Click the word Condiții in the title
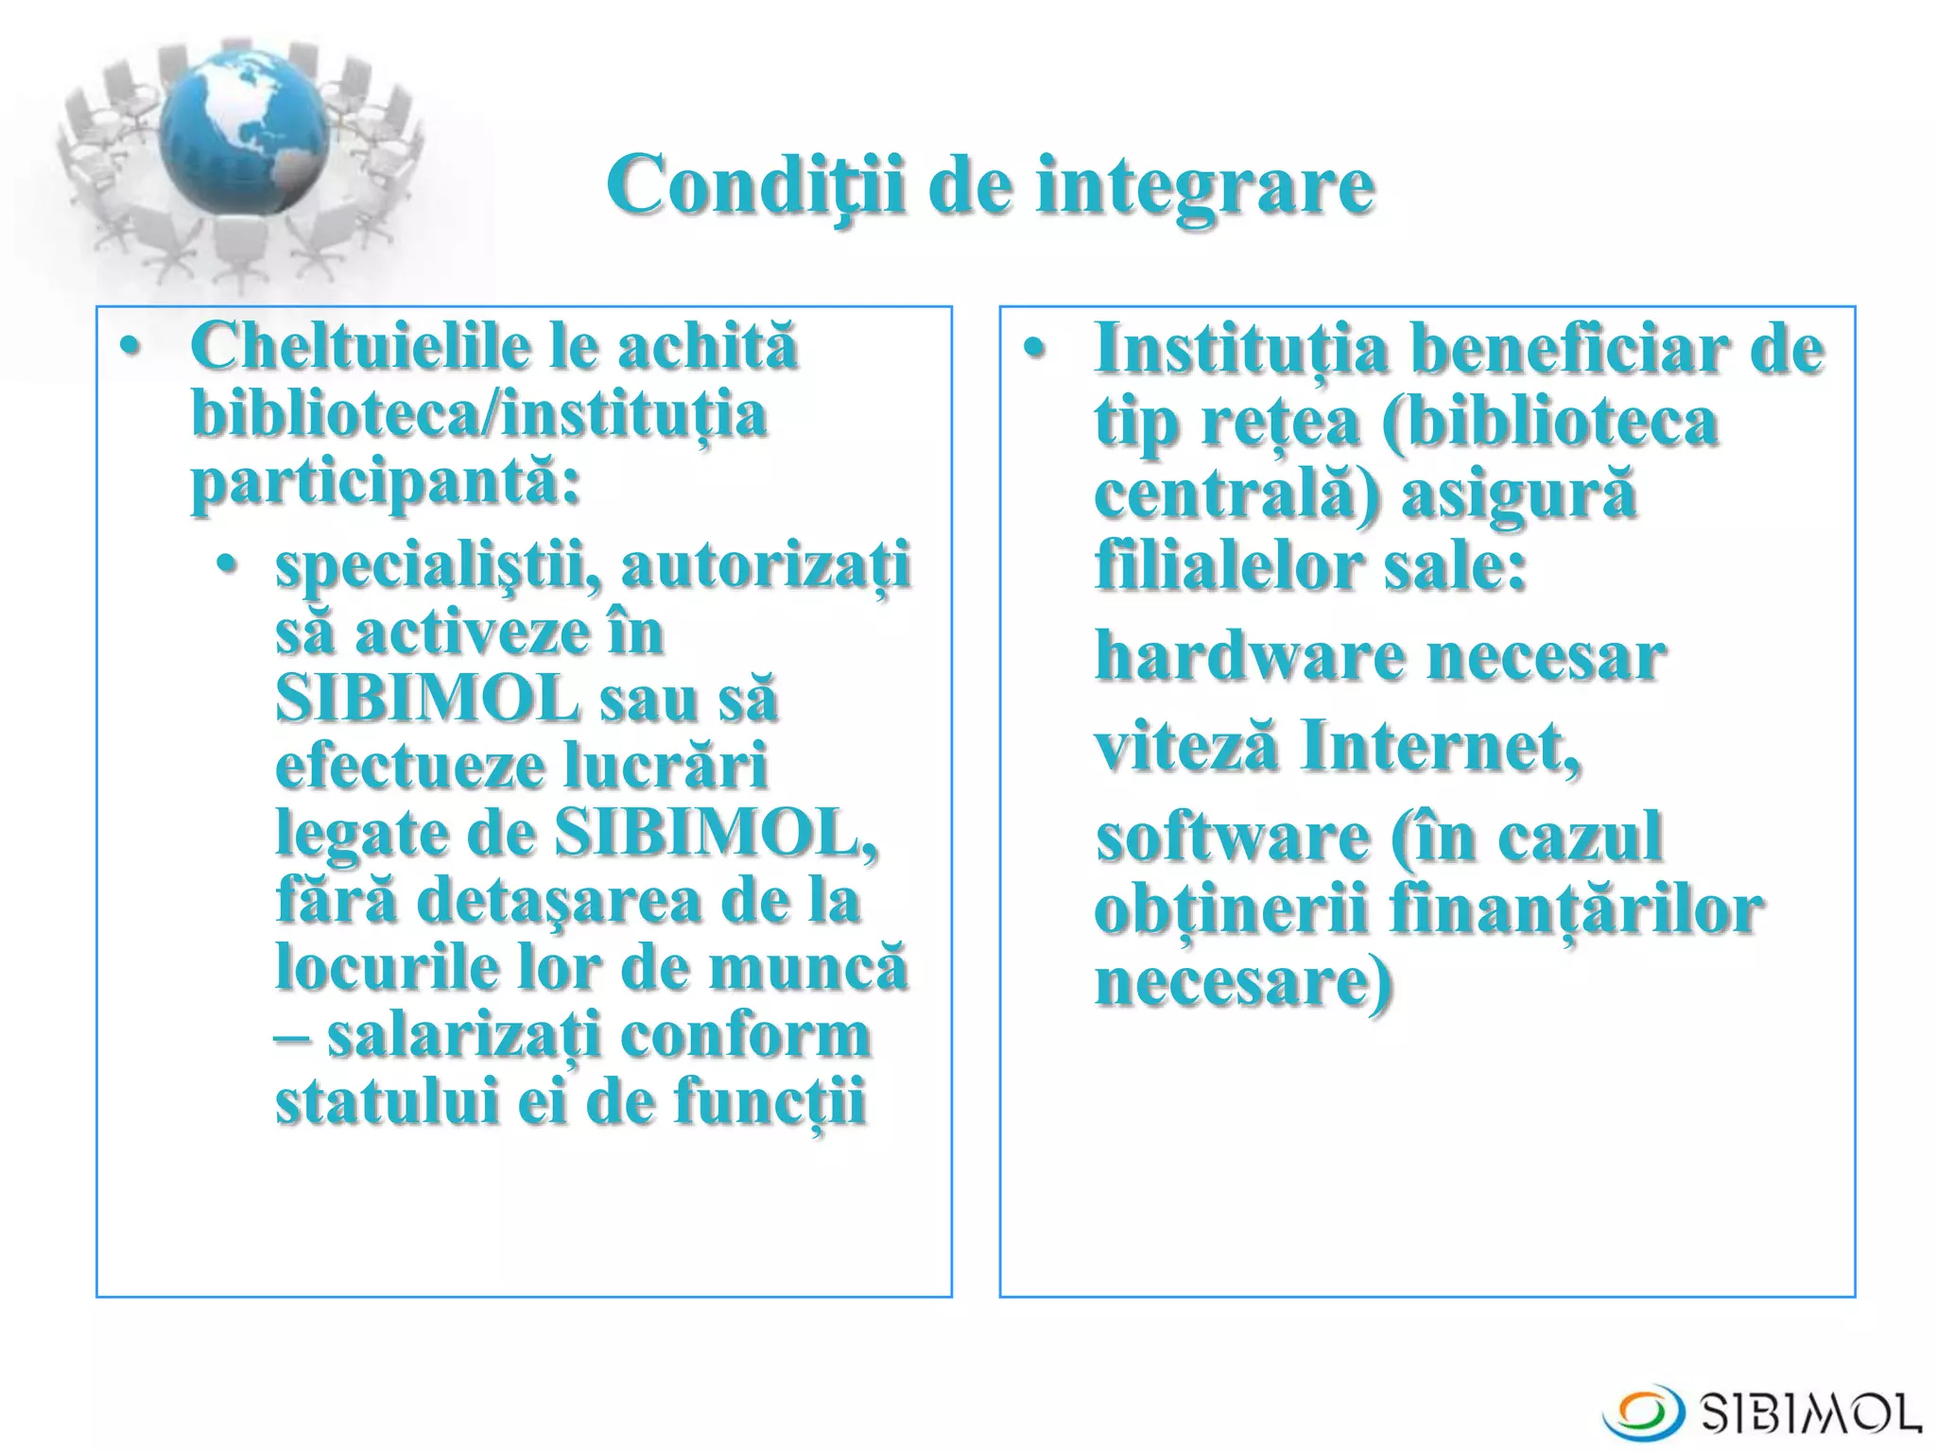click(756, 184)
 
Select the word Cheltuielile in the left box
click(365, 346)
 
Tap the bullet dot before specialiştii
click(225, 565)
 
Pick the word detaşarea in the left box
click(558, 901)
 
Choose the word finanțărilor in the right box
click(1575, 911)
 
